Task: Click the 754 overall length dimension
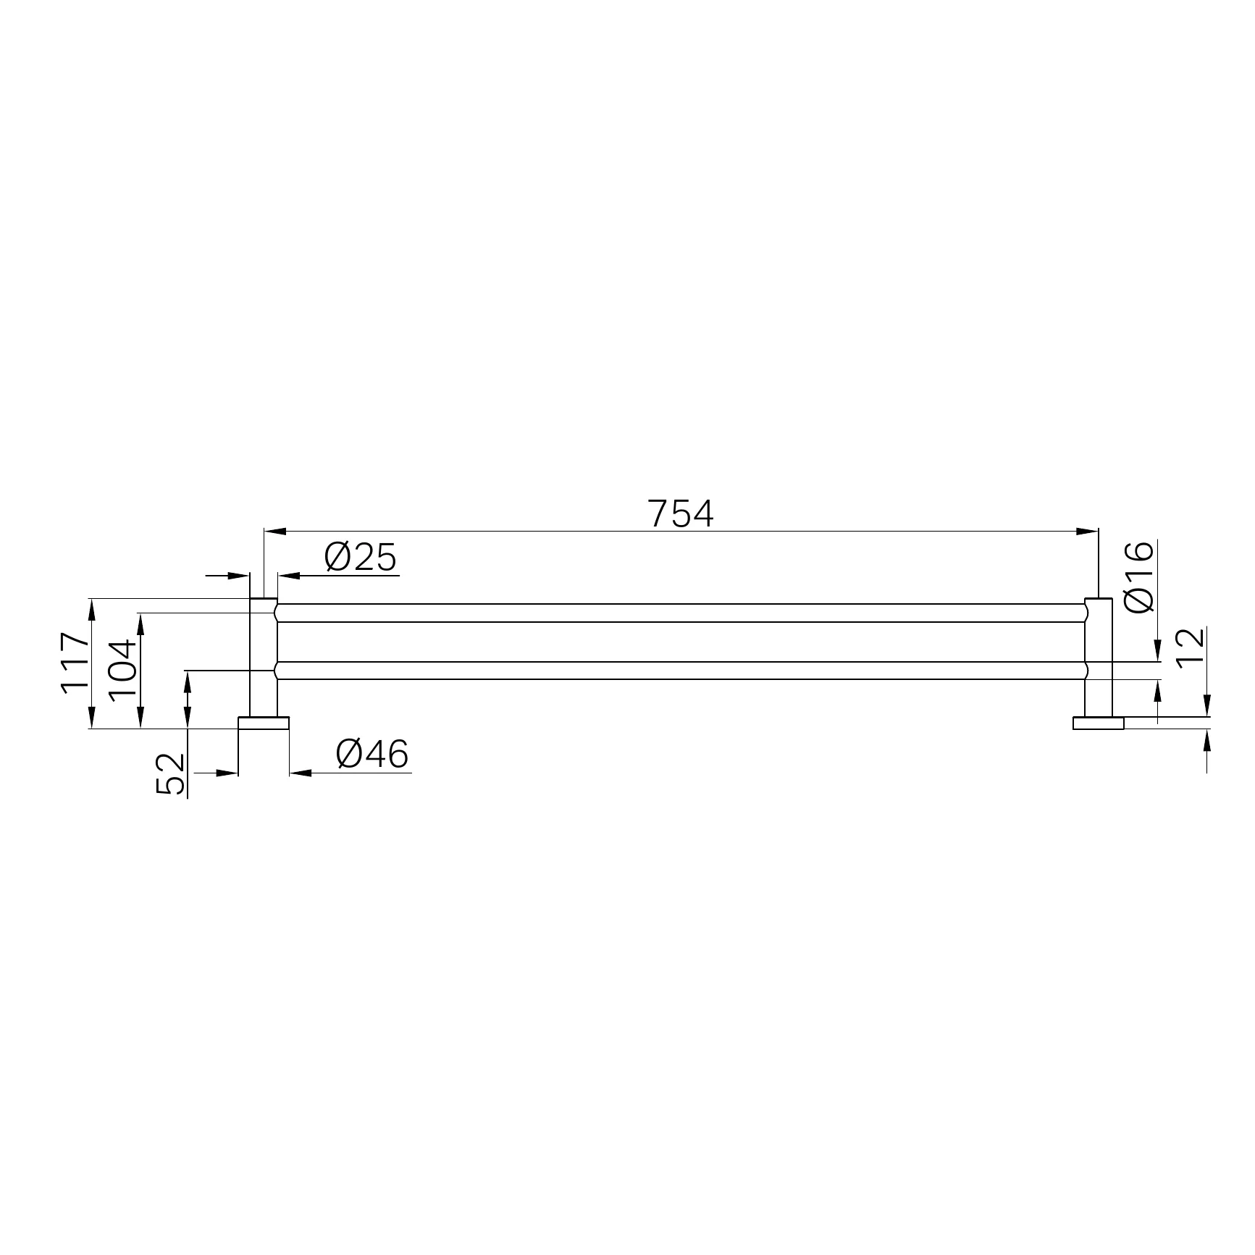click(x=681, y=513)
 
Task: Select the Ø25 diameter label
click(x=361, y=558)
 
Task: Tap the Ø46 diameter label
click(x=372, y=755)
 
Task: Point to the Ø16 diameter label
click(x=1139, y=576)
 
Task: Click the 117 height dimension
click(x=76, y=663)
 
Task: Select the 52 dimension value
click(x=171, y=774)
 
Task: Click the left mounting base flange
click(x=264, y=723)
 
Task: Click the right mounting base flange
click(x=1098, y=723)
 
